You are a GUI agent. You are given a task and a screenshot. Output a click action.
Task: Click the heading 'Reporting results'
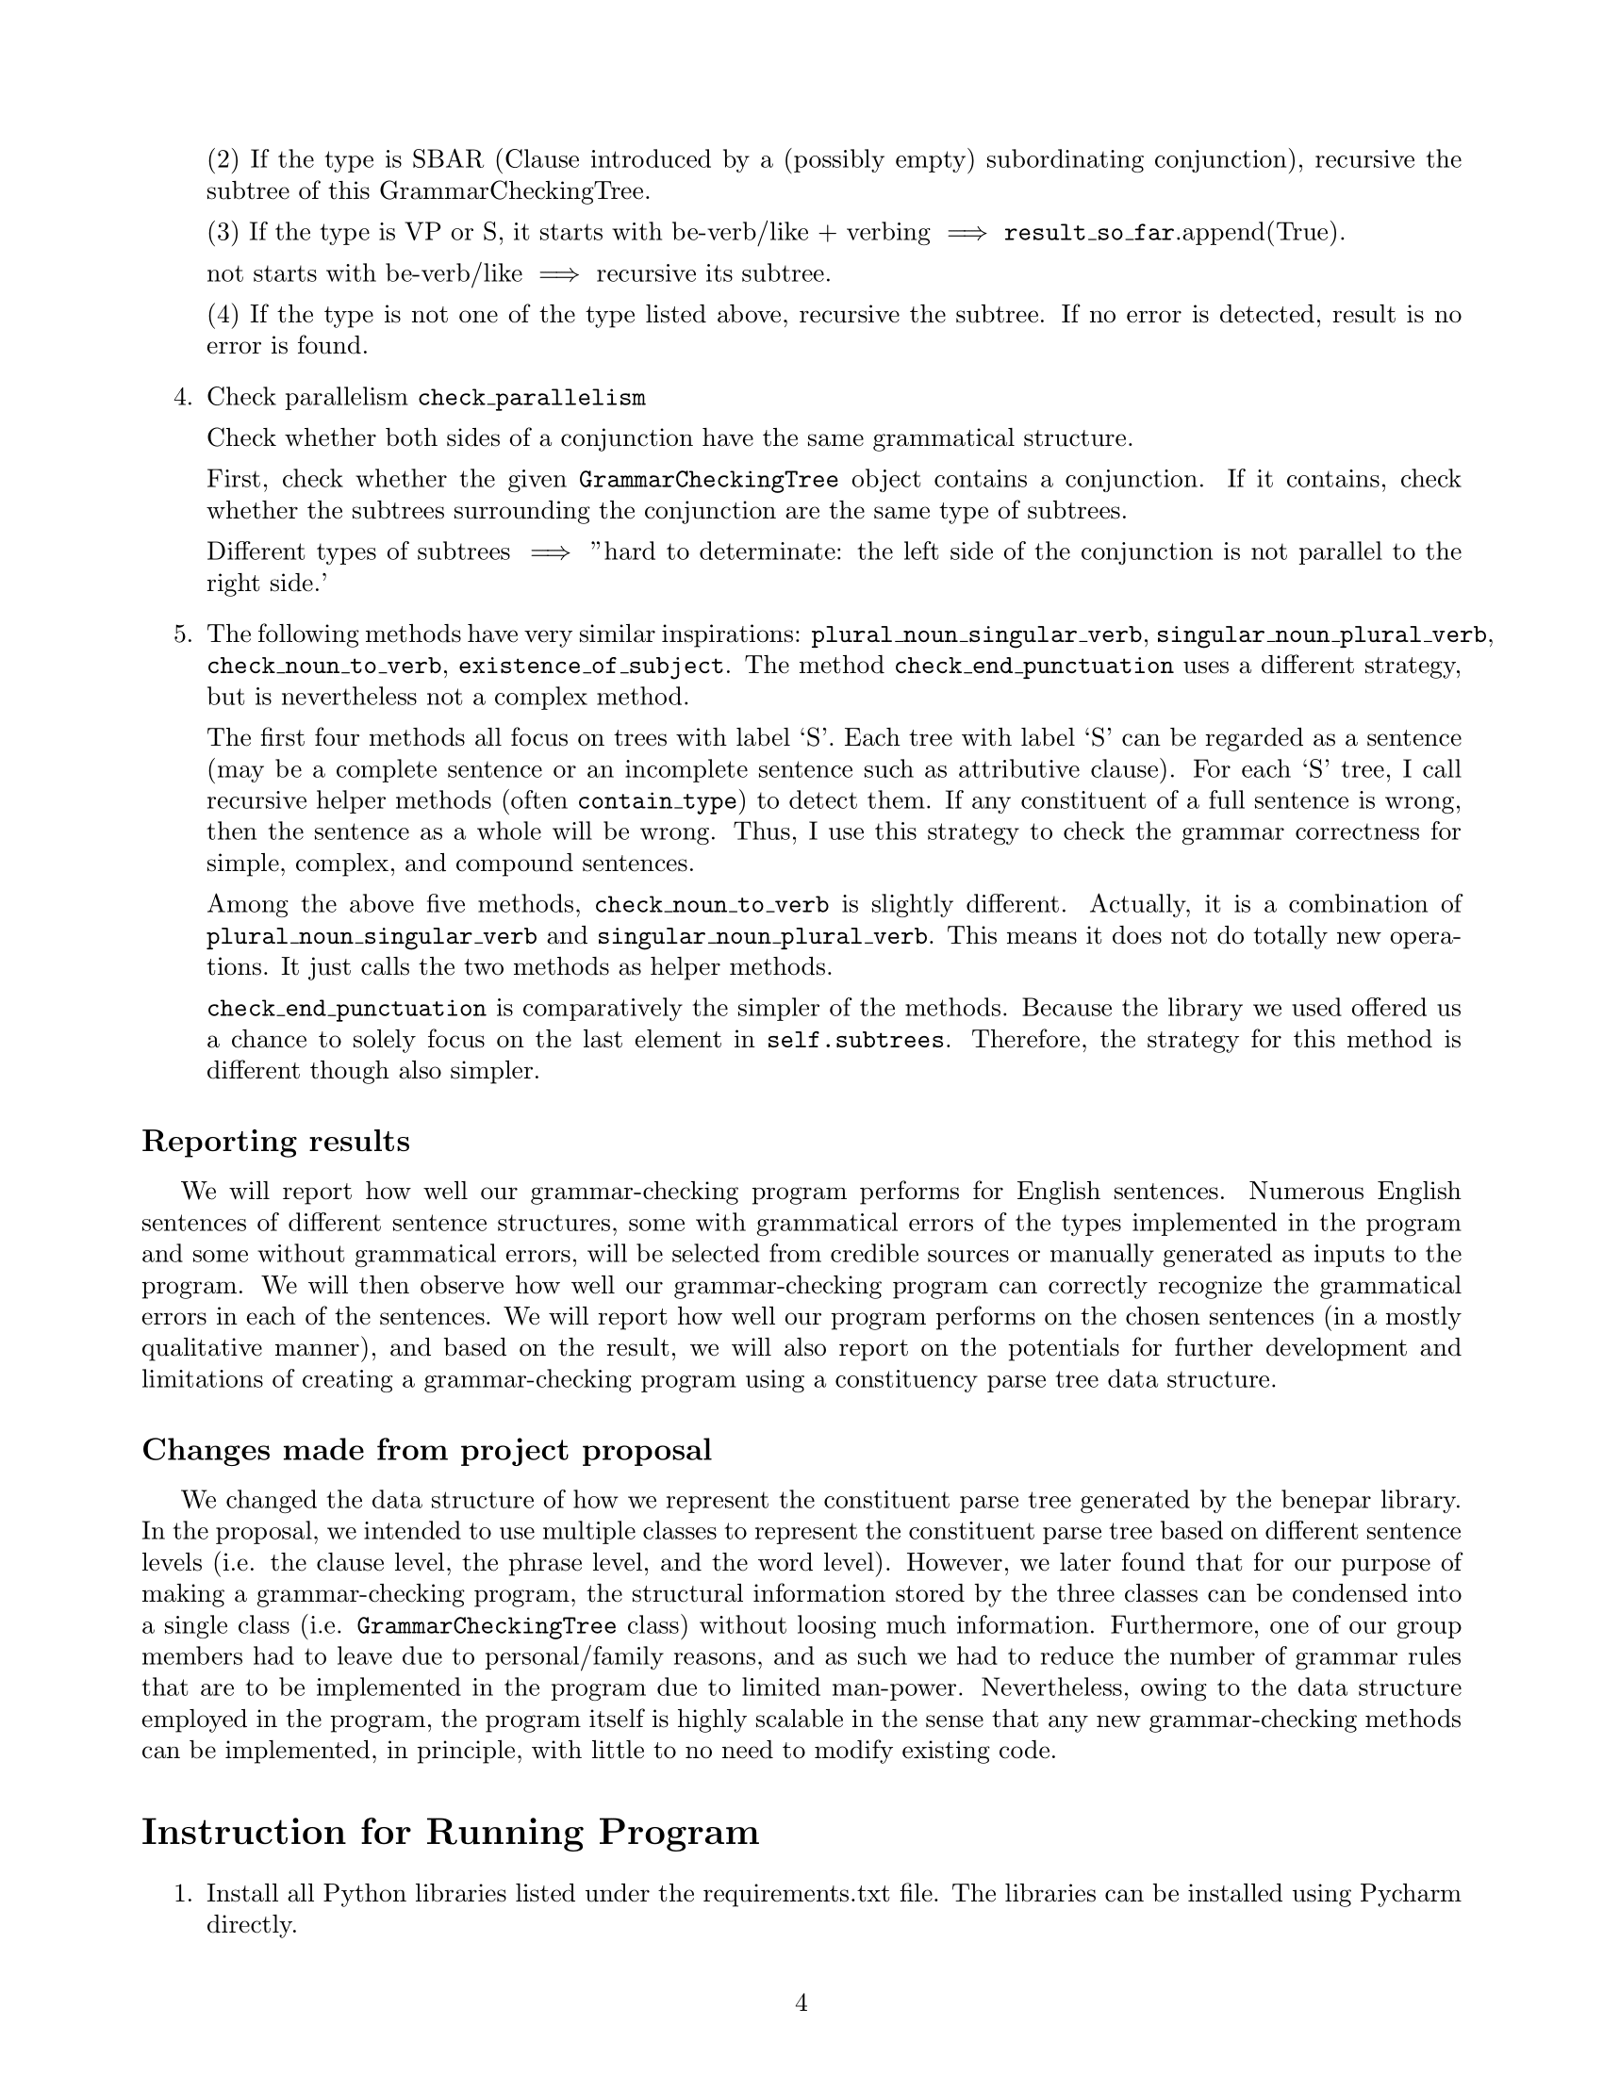click(275, 1141)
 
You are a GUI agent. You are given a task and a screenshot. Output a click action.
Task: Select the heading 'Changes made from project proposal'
click(426, 1450)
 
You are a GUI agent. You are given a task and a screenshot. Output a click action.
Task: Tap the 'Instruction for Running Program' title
click(450, 1833)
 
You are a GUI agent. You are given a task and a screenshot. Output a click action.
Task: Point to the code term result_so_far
click(1090, 233)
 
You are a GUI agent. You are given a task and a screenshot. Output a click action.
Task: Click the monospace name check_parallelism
click(531, 398)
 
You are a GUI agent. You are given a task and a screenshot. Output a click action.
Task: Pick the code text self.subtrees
click(855, 1040)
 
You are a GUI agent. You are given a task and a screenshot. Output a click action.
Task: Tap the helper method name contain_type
click(657, 801)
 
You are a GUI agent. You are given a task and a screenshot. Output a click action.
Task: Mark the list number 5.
click(183, 634)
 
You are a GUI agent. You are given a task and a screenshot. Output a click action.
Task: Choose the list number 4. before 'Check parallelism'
click(183, 398)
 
